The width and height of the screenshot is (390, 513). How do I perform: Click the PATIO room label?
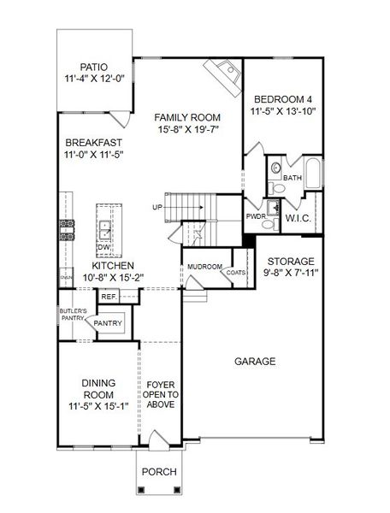pos(95,66)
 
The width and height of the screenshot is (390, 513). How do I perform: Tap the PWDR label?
pos(254,217)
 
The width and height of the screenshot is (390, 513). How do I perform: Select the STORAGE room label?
pos(291,261)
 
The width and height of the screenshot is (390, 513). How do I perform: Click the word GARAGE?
pos(255,362)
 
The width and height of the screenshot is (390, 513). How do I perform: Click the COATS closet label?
pos(235,273)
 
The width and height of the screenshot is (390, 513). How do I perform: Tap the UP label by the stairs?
pos(157,207)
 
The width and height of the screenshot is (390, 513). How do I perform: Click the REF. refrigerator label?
pos(109,297)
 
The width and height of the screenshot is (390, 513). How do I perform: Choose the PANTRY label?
pos(108,324)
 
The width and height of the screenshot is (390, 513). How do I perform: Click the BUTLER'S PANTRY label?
pos(70,314)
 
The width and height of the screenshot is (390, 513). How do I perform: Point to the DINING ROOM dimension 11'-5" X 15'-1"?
pos(98,406)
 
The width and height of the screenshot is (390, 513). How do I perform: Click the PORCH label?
pos(159,471)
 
